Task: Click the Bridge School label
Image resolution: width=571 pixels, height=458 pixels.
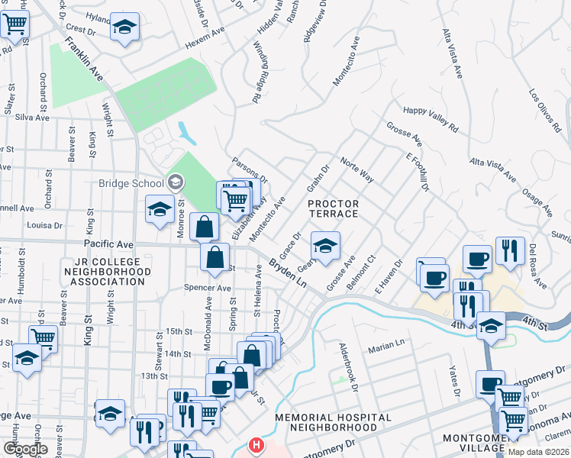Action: click(131, 183)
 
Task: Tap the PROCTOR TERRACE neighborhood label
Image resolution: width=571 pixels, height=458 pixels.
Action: click(333, 208)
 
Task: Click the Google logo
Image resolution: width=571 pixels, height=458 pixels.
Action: click(24, 449)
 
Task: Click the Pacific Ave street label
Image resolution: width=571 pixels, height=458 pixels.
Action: click(109, 244)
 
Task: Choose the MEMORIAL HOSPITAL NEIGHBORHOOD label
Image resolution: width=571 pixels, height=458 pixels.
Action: click(333, 422)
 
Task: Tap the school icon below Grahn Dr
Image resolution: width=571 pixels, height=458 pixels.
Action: click(325, 247)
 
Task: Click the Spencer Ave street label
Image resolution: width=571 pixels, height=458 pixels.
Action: click(207, 289)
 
